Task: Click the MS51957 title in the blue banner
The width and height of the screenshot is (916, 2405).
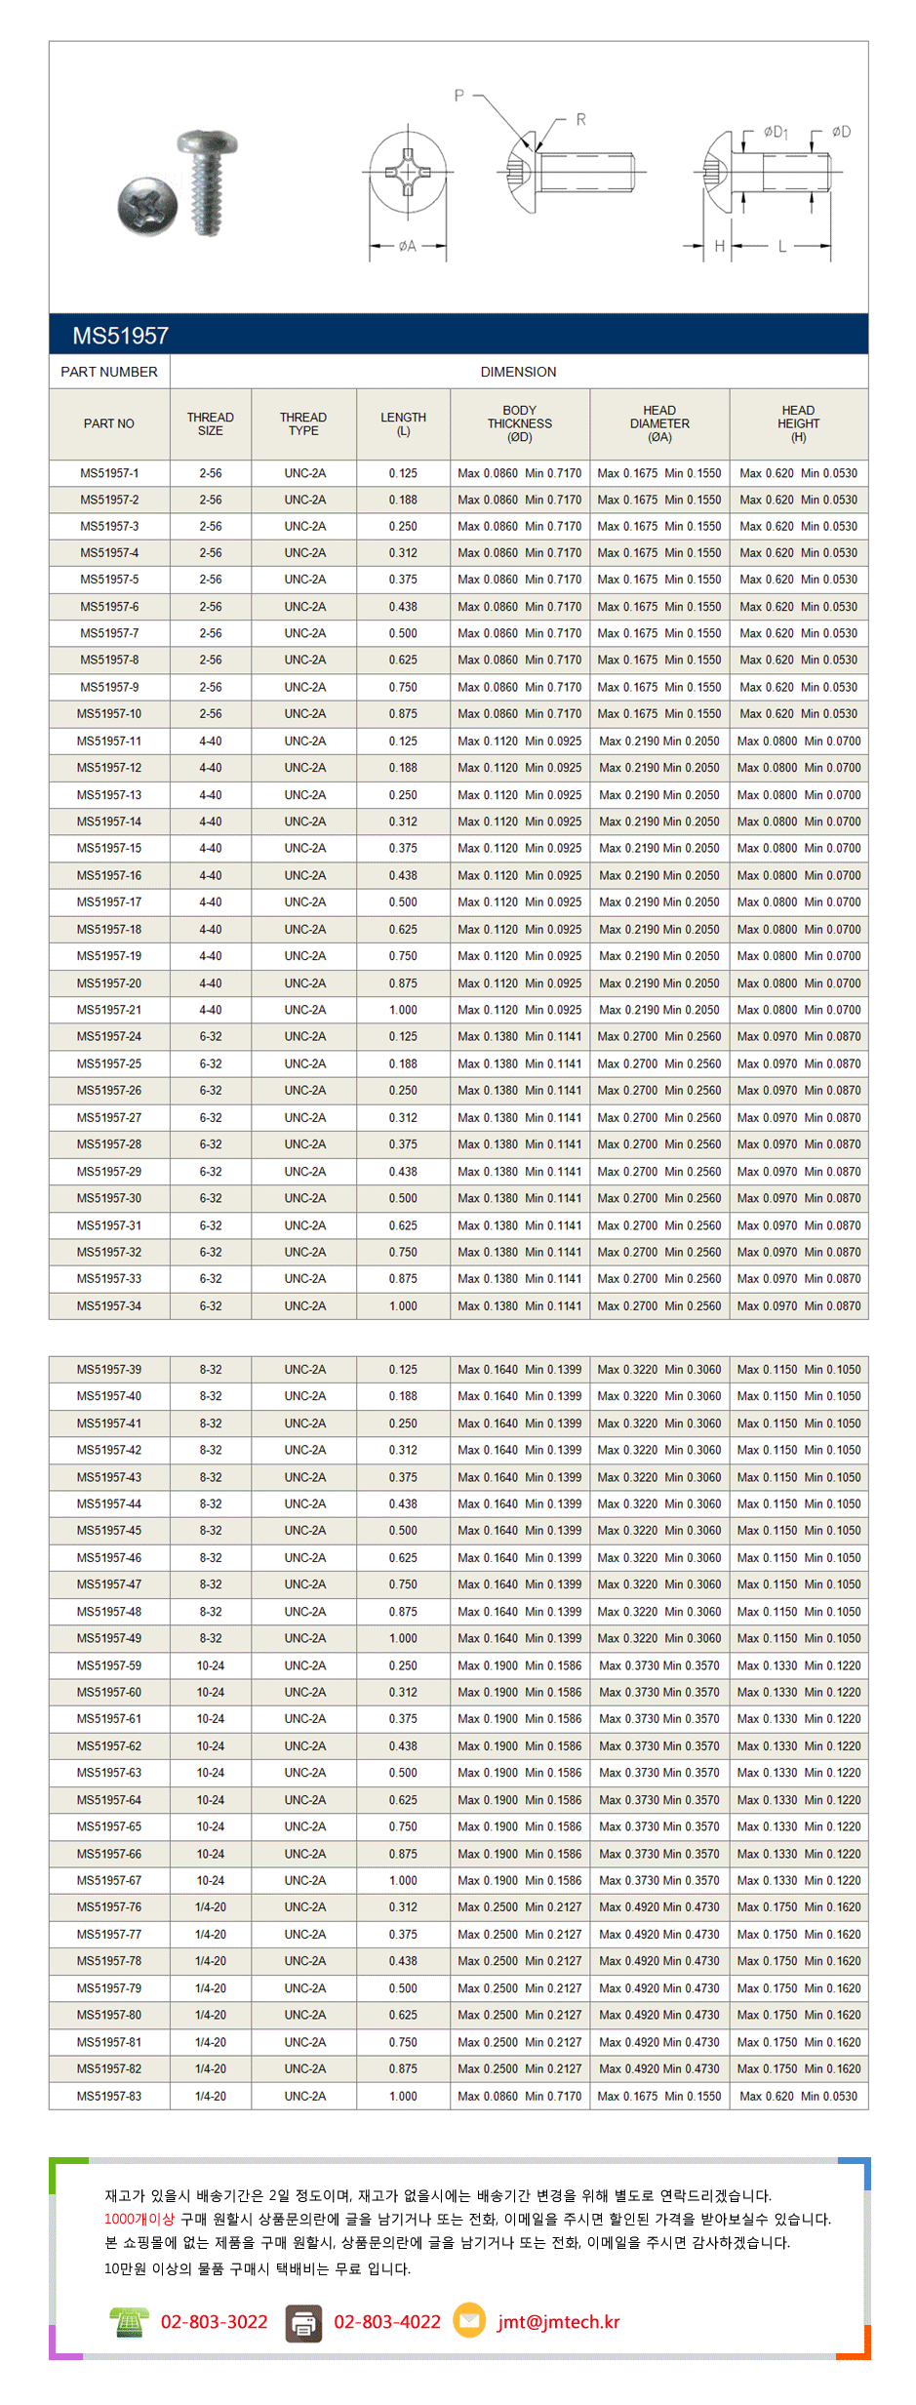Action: [120, 336]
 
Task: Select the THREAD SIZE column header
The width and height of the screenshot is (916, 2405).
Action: [210, 423]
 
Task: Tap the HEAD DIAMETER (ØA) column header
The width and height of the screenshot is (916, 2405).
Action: [659, 423]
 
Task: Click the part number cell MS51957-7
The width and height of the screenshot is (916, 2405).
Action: [109, 633]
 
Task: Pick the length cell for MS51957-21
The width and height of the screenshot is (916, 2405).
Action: [403, 1010]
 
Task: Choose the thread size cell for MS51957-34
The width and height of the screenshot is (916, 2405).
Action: [210, 1305]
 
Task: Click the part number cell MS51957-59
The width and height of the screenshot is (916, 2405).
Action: [109, 1665]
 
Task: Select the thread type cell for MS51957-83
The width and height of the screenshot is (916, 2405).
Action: [304, 2096]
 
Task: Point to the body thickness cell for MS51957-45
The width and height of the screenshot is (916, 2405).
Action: [519, 1531]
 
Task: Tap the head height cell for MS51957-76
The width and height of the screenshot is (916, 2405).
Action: [798, 1907]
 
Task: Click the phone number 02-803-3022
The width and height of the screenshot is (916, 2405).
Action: [214, 2322]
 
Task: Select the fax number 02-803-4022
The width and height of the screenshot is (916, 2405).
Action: [387, 2322]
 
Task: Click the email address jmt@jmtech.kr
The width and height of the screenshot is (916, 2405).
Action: [558, 2322]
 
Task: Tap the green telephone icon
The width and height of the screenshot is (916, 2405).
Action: [129, 2322]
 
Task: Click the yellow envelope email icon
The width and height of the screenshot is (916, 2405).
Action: [469, 2320]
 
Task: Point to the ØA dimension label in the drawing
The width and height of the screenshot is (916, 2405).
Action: [407, 246]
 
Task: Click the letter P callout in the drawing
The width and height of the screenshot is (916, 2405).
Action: [458, 96]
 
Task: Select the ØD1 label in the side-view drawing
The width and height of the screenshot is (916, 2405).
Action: [776, 132]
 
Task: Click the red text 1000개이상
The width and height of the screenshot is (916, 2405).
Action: [139, 2219]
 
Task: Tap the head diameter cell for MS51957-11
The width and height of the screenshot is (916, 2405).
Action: [659, 742]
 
